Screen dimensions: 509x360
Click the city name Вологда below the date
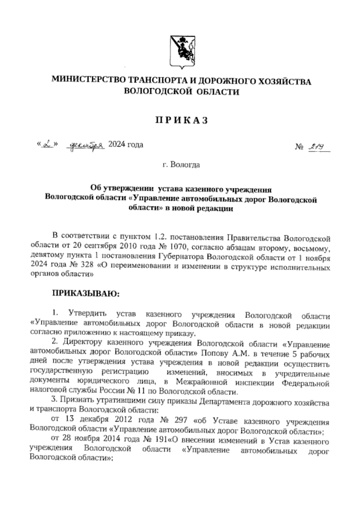tap(185, 165)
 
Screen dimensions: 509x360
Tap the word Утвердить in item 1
tap(87, 314)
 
